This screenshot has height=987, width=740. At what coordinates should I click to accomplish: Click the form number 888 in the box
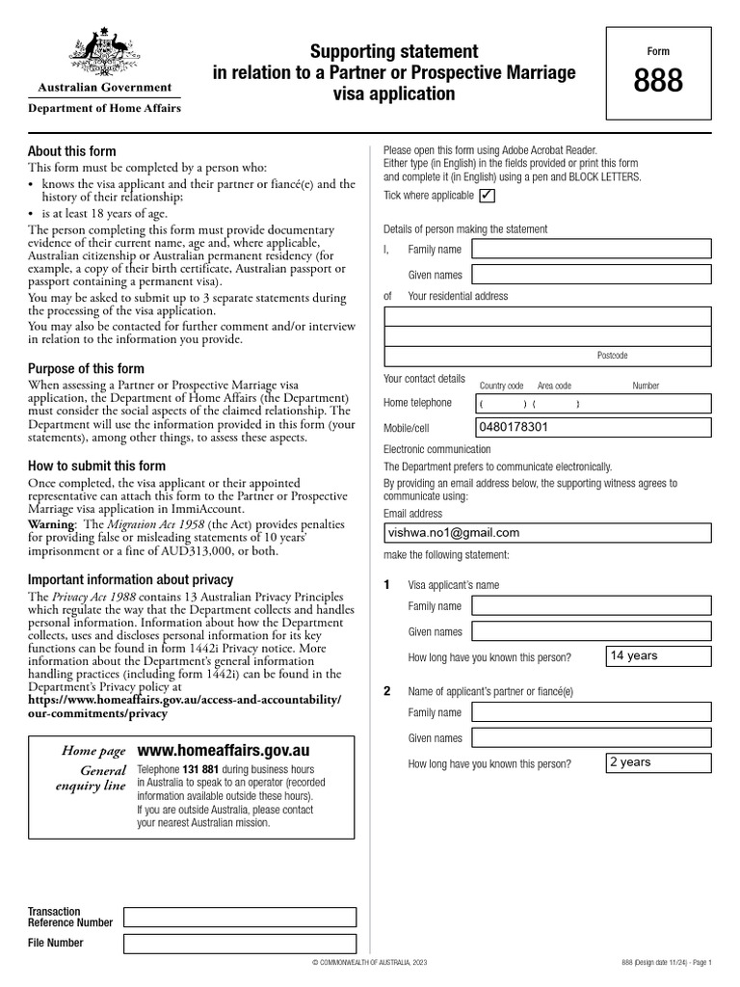pos(658,82)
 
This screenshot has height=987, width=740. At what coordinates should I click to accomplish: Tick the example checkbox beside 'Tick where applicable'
pos(487,196)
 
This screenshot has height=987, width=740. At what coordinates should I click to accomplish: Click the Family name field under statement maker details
pos(592,250)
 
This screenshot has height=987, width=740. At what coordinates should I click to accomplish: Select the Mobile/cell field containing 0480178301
pos(592,427)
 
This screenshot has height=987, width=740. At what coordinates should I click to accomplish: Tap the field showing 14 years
pos(659,656)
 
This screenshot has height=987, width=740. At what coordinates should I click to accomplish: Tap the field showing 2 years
pos(659,762)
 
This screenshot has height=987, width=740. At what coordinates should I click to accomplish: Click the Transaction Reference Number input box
pos(240,917)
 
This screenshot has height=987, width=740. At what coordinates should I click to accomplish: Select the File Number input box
pos(240,944)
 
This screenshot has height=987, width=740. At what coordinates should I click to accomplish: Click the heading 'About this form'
pos(72,151)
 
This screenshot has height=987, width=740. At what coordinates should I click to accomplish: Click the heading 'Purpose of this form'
pos(86,369)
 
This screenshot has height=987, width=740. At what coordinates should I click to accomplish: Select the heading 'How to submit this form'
pos(96,467)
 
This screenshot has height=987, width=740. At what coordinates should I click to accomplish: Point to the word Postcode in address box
pos(612,356)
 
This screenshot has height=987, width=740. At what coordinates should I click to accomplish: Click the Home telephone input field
pos(592,403)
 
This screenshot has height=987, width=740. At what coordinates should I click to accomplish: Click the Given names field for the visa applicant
pos(592,632)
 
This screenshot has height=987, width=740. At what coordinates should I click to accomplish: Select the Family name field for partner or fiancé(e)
pos(592,712)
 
